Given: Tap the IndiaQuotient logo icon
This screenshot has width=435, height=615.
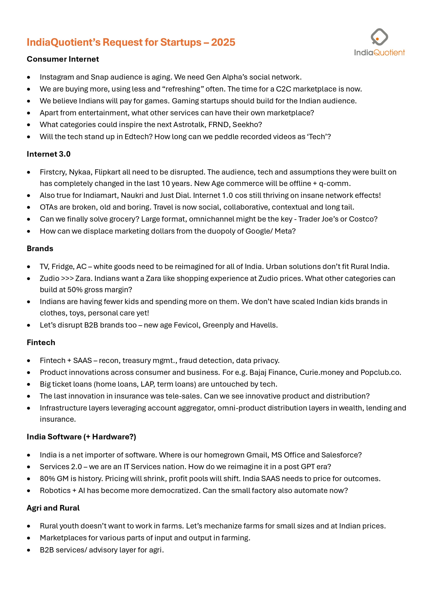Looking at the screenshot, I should tap(379, 37).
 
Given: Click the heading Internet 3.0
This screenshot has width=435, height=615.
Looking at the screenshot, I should tap(48, 154).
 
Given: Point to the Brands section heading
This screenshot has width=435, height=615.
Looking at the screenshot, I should tap(40, 249).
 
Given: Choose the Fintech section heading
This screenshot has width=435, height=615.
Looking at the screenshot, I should tap(41, 342).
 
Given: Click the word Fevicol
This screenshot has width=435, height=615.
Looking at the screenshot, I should tap(187, 325).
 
